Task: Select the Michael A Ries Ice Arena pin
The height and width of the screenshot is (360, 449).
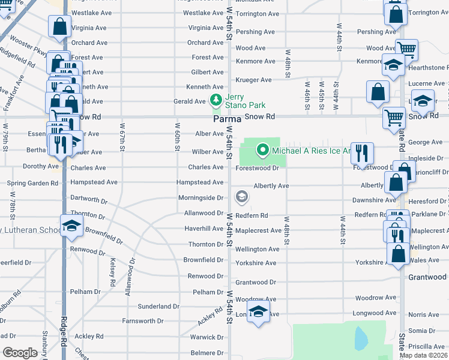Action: pyautogui.click(x=262, y=150)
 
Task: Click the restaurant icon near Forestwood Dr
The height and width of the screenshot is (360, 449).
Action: pyautogui.click(x=362, y=152)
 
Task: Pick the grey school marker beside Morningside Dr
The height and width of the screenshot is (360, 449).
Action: pyautogui.click(x=241, y=196)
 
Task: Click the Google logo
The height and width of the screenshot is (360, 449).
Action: pyautogui.click(x=20, y=353)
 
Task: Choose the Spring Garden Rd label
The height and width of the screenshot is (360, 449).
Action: pyautogui.click(x=32, y=182)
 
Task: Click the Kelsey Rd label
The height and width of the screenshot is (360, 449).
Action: pyautogui.click(x=112, y=272)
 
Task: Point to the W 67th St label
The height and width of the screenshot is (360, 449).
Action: pyautogui.click(x=122, y=138)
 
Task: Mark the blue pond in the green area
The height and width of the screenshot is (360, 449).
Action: pyautogui.click(x=360, y=339)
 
